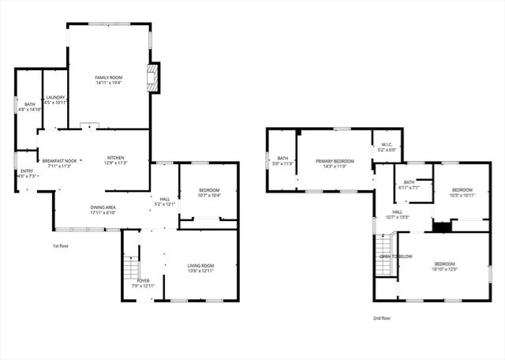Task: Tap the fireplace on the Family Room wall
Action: [153, 77]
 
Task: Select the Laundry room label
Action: [54, 100]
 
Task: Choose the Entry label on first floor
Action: [27, 174]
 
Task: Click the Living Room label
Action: [200, 268]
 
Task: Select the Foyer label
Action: [143, 283]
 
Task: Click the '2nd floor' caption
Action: [383, 319]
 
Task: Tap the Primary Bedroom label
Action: [335, 163]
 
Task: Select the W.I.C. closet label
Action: [387, 147]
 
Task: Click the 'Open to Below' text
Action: [396, 257]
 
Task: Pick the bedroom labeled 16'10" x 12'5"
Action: [443, 267]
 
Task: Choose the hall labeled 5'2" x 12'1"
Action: [165, 201]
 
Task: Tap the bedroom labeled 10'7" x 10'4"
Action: [209, 193]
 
